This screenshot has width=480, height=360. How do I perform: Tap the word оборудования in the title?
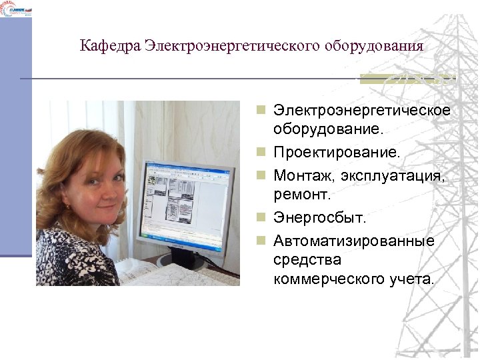pos(374,46)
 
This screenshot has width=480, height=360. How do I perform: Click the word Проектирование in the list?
pos(337,153)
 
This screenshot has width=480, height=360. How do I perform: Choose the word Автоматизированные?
pos(353,240)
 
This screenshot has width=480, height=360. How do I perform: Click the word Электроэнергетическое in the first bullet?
pos(362,109)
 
